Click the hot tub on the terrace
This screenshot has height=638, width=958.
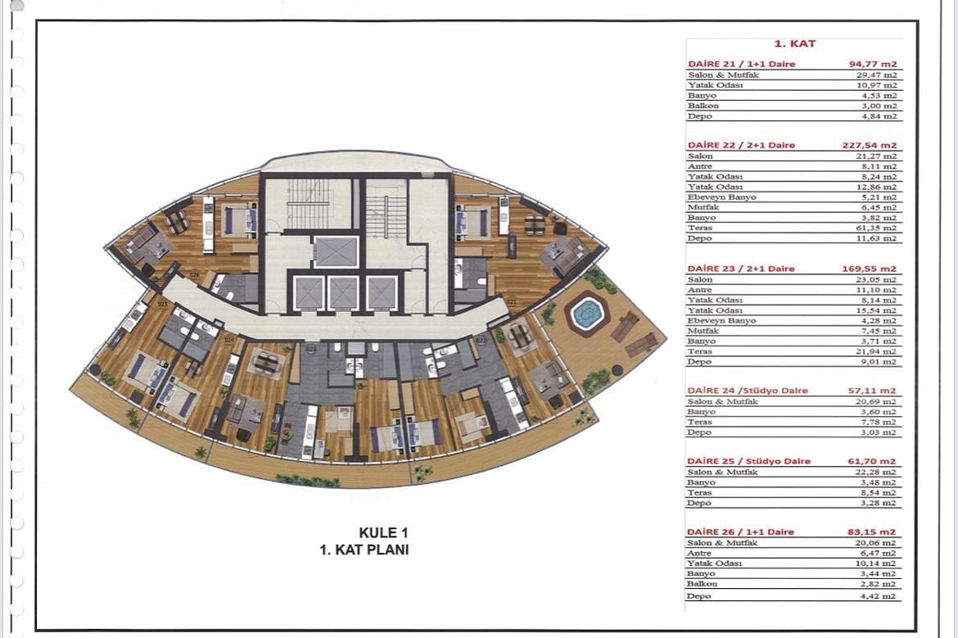point(586,314)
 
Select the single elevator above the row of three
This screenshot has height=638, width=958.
point(336,251)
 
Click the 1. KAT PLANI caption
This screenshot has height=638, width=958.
point(364,550)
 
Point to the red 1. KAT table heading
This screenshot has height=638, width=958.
point(794,44)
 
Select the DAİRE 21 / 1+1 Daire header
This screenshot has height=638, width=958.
point(741,64)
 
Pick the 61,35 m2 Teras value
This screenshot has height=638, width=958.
point(879,228)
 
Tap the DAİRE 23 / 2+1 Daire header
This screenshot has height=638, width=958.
point(741,269)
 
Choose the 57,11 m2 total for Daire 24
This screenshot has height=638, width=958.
point(872,391)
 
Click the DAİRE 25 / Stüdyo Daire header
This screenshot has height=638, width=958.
point(748,461)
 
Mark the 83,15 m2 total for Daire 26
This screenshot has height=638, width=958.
point(872,532)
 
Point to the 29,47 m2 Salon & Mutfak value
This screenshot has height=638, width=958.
point(879,75)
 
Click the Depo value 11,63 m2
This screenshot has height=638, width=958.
point(879,238)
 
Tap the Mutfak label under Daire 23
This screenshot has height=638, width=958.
point(700,331)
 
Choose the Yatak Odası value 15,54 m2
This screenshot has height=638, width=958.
point(879,310)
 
